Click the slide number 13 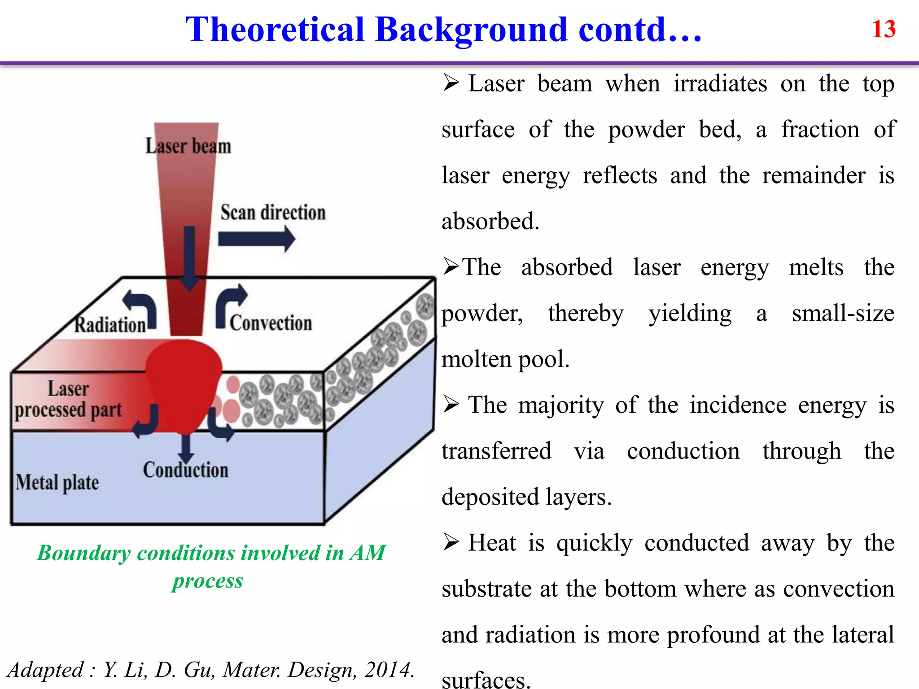pos(884,29)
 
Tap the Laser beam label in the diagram pos(188,146)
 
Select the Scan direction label pos(273,213)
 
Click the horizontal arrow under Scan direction pos(256,239)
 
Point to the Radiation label pos(109,325)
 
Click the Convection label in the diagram pos(271,323)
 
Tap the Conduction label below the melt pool pos(185,470)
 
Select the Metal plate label pos(57,483)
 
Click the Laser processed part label pos(68,399)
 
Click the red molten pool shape pos(184,381)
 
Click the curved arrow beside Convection pos(229,305)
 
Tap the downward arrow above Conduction pos(185,449)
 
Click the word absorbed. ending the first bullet pos(490,222)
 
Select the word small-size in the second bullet pos(843,313)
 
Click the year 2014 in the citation pos(389,670)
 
